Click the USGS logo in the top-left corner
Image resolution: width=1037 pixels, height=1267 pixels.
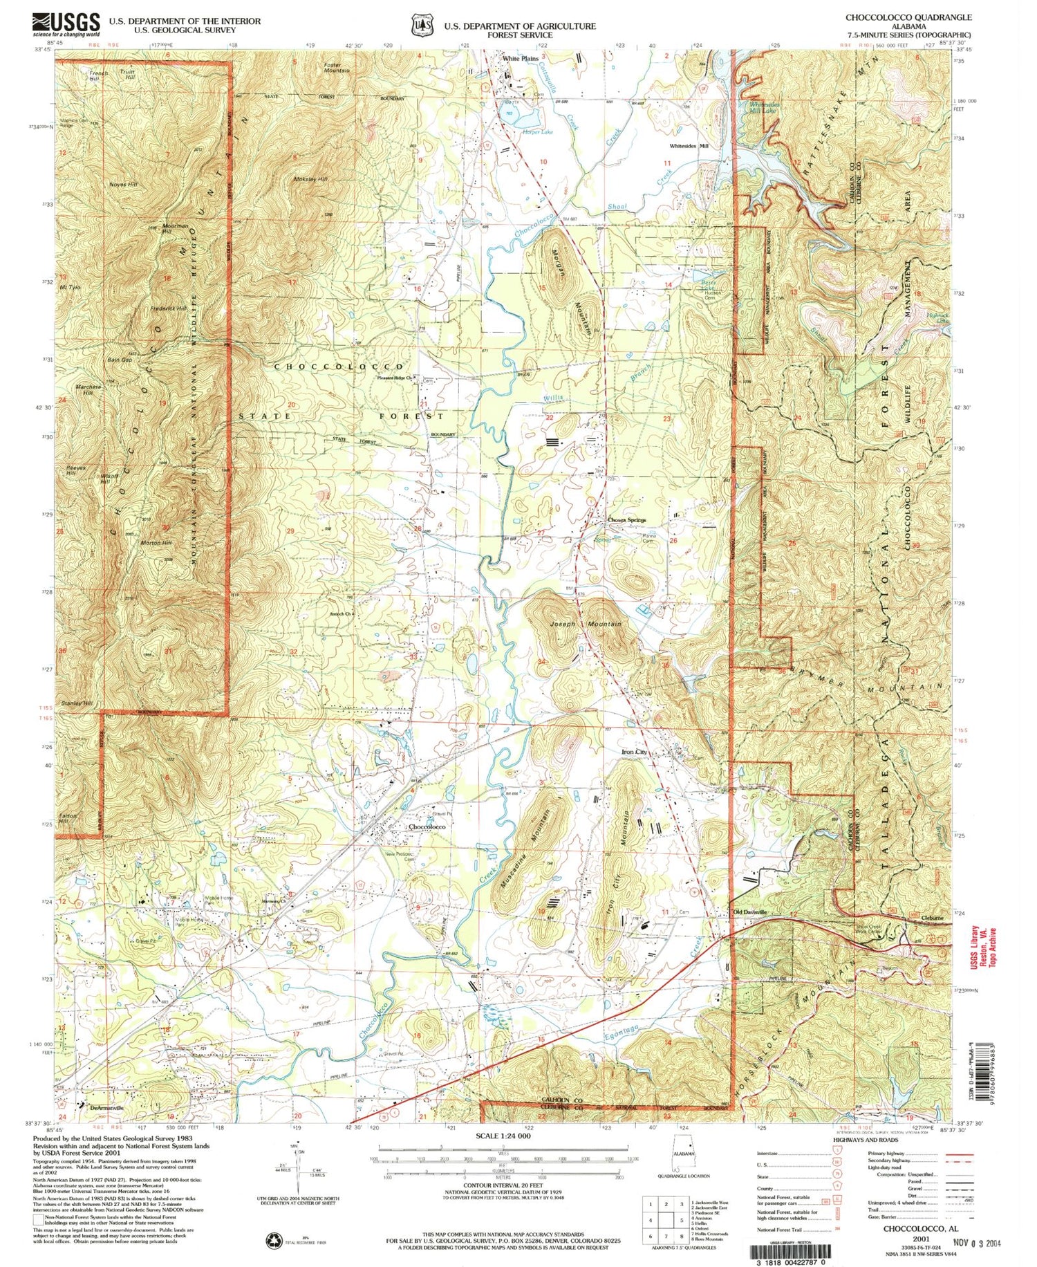click(66, 26)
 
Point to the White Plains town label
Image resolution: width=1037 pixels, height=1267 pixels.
click(520, 59)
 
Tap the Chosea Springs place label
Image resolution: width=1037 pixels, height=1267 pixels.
click(626, 520)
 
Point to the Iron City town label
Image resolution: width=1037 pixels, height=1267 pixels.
click(635, 752)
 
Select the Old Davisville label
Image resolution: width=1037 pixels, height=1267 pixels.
click(750, 912)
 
